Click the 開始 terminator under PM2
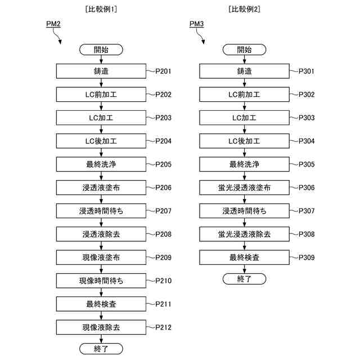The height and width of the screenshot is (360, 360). point(101,49)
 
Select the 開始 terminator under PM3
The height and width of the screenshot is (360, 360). point(245,49)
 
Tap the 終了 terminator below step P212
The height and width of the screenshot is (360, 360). point(101,349)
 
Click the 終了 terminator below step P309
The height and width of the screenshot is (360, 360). point(245,279)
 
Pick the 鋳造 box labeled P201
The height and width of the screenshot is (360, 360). point(101,71)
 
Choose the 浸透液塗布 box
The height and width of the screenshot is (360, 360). point(101,187)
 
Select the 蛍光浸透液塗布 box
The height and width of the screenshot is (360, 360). point(245,187)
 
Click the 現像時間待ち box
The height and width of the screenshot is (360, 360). point(101,280)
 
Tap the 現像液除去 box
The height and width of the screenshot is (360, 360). point(101,327)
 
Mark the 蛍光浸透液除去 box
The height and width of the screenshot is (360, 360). point(245,234)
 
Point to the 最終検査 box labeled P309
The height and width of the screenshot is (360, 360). point(245,257)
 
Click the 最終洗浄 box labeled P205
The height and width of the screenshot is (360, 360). point(101,164)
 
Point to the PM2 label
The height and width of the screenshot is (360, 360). point(53,24)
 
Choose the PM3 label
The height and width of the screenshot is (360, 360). point(197,24)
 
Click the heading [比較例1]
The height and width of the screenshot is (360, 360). point(102,9)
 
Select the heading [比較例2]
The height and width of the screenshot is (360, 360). point(245,9)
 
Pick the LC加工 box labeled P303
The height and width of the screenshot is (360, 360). point(245,118)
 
